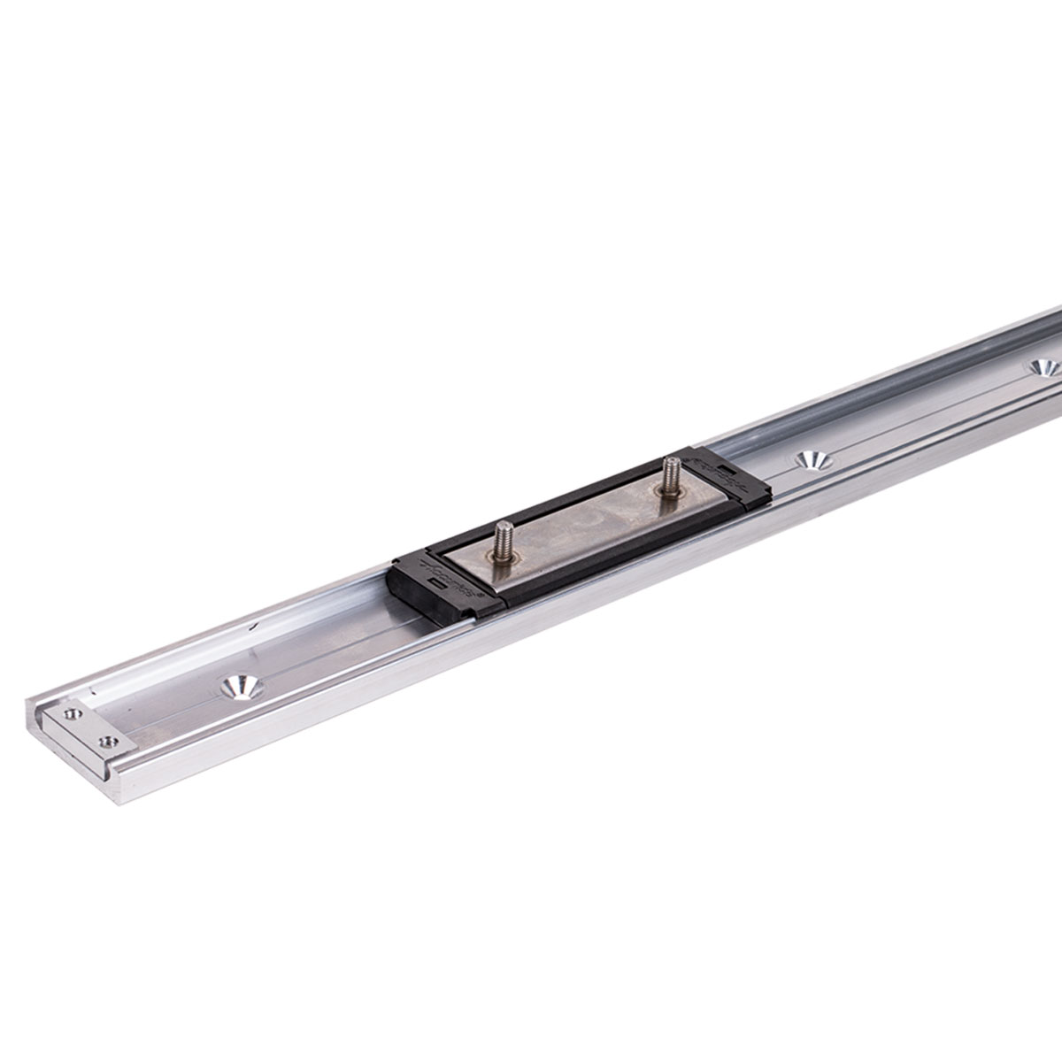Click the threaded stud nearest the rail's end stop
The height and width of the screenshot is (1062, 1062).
click(x=505, y=535)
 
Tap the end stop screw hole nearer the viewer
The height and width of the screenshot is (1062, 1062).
click(x=109, y=739)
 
